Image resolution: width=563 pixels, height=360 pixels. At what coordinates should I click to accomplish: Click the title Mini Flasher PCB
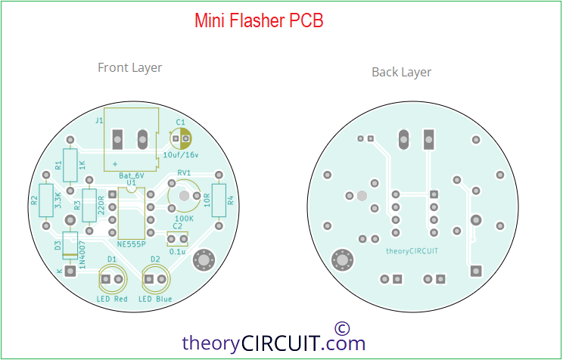[259, 21]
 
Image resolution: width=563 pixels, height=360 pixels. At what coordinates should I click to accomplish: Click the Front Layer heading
[129, 68]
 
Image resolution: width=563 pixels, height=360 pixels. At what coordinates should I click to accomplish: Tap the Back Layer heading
[401, 73]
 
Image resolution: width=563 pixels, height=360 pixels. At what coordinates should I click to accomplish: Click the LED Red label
[112, 299]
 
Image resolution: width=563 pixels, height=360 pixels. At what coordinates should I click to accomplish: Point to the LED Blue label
[155, 299]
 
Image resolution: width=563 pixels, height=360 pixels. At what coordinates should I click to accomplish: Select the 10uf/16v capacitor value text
[181, 154]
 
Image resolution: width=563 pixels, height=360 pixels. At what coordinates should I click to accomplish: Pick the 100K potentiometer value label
[184, 218]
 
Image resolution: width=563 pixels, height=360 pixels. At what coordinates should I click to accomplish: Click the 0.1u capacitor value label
[178, 251]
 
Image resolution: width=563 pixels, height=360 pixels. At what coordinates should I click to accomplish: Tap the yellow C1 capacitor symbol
[182, 138]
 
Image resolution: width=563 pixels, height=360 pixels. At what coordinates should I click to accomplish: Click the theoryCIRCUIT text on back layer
[412, 250]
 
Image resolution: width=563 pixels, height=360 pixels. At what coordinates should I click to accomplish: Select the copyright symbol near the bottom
[341, 327]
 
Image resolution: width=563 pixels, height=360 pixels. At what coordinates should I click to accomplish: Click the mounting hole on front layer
[204, 261]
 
